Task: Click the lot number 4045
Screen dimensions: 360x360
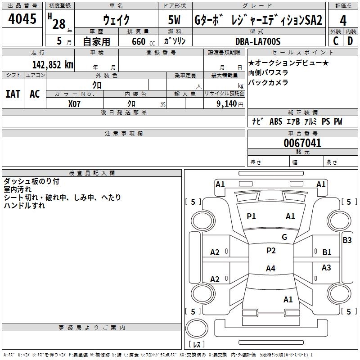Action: [22, 18]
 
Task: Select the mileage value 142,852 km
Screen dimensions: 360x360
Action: [53, 65]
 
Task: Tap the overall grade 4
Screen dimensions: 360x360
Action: [343, 21]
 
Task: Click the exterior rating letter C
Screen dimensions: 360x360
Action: [336, 41]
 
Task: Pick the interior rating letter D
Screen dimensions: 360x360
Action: [350, 41]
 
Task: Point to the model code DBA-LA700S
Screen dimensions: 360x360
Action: [258, 41]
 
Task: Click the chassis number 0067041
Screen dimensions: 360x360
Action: [302, 143]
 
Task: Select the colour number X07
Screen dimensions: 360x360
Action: [74, 104]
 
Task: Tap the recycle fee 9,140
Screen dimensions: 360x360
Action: [227, 104]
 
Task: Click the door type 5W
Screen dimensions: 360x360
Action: [174, 20]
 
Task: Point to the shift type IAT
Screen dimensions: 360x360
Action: [13, 94]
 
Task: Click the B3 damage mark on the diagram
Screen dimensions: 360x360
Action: [347, 240]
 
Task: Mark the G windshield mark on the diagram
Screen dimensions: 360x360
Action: [284, 237]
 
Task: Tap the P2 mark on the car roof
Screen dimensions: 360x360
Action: [271, 251]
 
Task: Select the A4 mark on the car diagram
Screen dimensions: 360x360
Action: [270, 268]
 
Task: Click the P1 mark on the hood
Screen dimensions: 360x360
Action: [251, 216]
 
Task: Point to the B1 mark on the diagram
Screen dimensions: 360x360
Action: [327, 252]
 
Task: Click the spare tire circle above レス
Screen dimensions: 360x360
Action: [197, 328]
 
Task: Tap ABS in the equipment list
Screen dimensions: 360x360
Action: [276, 121]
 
